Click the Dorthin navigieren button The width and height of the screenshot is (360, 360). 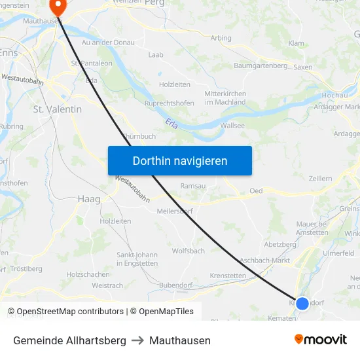point(180,160)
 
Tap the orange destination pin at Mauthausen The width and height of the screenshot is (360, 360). point(58,7)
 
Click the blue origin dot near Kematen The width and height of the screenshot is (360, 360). point(302,303)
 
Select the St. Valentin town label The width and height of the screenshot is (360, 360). point(58,109)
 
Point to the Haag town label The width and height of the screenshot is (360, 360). point(88,198)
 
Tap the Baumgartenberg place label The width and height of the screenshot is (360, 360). point(261,65)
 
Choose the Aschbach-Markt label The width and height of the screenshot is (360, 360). point(266,260)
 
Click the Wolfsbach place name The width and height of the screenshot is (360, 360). point(189,251)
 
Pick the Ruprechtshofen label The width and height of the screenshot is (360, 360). point(169,103)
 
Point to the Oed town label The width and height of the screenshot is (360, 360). point(256,191)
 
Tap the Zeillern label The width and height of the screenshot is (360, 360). point(320,178)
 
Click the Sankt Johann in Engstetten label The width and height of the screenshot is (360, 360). point(137,259)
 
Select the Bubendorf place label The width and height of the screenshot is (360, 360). point(175,285)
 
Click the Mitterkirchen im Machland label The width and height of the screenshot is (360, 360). point(225,98)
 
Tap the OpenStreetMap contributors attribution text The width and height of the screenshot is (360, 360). point(65,312)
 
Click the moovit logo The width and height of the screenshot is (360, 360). point(321,339)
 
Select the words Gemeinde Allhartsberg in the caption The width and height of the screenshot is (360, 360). point(69,340)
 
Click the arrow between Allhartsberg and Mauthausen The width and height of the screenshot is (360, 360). point(137,340)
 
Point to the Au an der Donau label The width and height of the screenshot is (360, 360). point(108,43)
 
